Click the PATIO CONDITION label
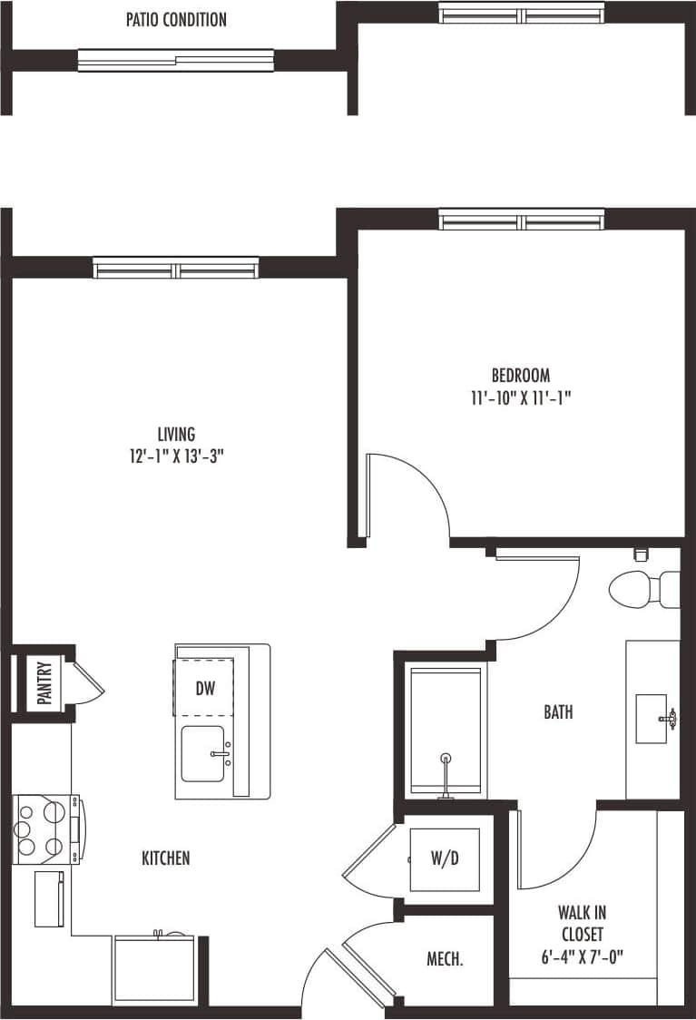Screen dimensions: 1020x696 (176, 19)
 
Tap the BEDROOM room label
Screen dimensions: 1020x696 (521, 375)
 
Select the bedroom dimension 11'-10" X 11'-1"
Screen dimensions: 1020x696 (521, 397)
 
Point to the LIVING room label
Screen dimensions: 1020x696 (176, 435)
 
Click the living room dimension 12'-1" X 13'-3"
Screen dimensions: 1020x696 (176, 456)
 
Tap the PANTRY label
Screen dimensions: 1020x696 (44, 682)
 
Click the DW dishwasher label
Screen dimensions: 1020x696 (205, 688)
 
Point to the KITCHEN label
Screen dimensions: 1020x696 (166, 858)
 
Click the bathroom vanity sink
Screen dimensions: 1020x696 (652, 719)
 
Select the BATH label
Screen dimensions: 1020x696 (558, 712)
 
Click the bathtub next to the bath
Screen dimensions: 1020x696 (445, 731)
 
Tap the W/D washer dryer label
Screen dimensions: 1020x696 (444, 858)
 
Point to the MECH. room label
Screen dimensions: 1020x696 (446, 958)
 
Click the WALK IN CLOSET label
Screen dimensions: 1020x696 (582, 922)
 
